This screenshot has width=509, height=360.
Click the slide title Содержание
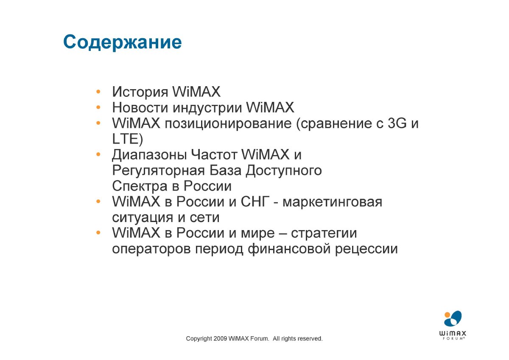[123, 42]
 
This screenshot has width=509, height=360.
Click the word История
[140, 92]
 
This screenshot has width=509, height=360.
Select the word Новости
[140, 107]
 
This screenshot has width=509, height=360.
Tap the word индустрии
[207, 108]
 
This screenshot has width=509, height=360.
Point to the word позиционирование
[228, 124]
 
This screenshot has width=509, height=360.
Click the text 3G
[397, 123]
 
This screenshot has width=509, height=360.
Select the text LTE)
[128, 139]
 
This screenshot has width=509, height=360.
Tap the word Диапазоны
[149, 155]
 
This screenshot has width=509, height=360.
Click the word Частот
[214, 155]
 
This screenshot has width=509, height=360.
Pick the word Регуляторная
[158, 171]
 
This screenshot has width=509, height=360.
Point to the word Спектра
[140, 186]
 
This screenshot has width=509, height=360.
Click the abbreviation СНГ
[255, 202]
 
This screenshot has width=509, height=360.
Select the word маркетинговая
[332, 202]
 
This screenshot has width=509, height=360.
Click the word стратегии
[324, 233]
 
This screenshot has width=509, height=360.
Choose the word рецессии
[366, 249]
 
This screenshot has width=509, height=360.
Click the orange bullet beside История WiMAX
[98, 92]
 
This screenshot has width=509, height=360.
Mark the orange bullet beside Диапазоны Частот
[98, 155]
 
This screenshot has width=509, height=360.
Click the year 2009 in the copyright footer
[220, 339]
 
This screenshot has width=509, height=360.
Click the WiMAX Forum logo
[453, 325]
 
